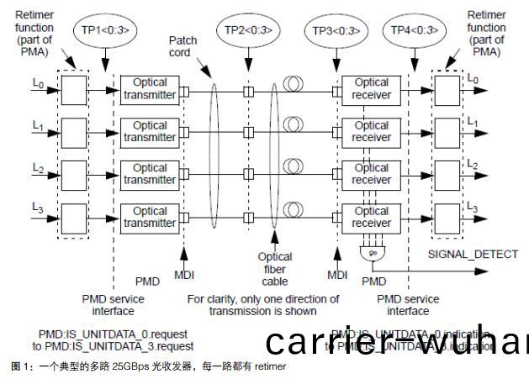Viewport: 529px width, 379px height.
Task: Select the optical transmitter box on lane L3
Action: tap(150, 218)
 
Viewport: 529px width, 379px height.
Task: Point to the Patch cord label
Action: tap(183, 46)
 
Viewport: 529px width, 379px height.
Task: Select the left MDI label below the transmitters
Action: tap(184, 275)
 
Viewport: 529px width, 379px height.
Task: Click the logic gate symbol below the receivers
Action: tap(368, 252)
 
